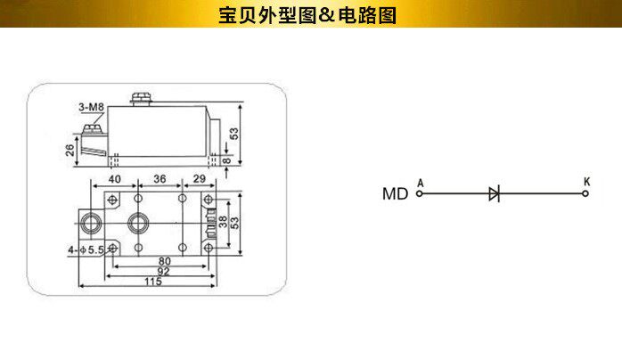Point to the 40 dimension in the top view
(x=115, y=179)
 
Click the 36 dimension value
(x=160, y=179)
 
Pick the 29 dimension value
(x=200, y=179)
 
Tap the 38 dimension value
(x=224, y=221)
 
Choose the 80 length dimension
(x=165, y=260)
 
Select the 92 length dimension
(x=163, y=271)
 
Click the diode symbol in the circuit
(x=495, y=193)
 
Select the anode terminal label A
(x=420, y=182)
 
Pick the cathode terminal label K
(x=585, y=181)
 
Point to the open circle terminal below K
(x=585, y=193)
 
